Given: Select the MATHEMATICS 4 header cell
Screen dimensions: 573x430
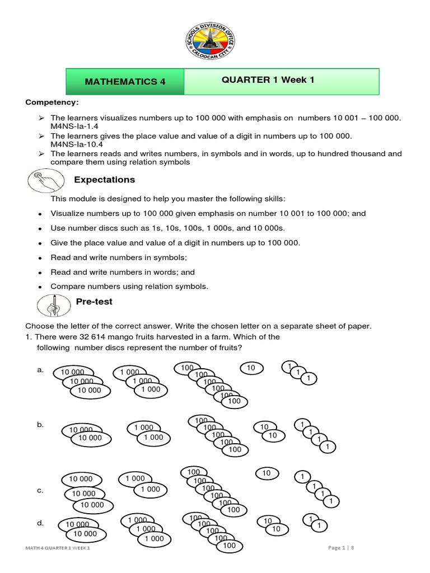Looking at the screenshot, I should (125, 82).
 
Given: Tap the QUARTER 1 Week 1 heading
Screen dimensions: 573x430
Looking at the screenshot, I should (268, 80).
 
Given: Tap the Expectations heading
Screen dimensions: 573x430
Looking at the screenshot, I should (105, 180).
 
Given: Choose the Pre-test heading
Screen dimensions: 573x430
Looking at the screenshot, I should (94, 302).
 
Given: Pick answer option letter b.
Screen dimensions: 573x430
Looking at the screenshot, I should (40, 425).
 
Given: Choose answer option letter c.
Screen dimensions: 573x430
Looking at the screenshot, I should (40, 490).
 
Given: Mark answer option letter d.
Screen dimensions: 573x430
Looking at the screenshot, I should (40, 523).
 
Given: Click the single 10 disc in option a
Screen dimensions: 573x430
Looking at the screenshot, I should (251, 368).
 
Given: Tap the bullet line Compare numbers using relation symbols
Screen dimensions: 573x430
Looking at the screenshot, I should (129, 286).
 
